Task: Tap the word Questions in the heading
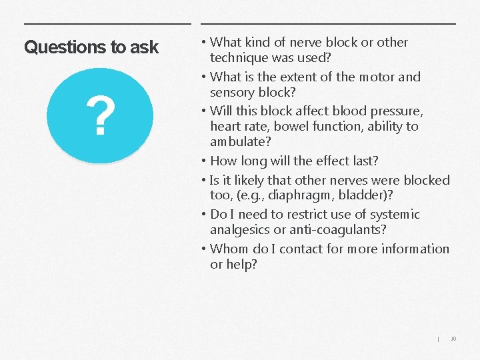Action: (x=57, y=47)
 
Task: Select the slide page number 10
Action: (x=453, y=339)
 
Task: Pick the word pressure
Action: (x=395, y=110)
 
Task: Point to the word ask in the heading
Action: (x=145, y=47)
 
